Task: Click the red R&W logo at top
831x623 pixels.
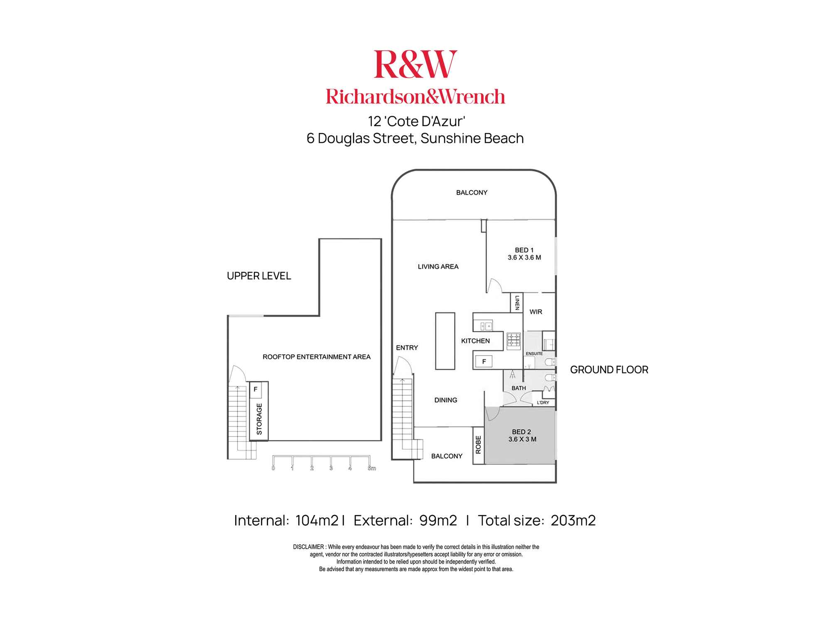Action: pos(415,64)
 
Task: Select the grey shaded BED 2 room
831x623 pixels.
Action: pos(521,436)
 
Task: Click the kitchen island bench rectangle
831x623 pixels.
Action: pos(445,341)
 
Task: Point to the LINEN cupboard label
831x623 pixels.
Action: pos(517,302)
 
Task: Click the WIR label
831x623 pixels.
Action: pos(536,312)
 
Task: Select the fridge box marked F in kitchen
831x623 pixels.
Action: pos(484,362)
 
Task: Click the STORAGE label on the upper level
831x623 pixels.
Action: pos(259,419)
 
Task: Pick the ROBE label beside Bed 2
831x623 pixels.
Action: pos(478,444)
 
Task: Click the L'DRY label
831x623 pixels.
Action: pos(543,402)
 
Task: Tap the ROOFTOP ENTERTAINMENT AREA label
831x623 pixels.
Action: pos(316,357)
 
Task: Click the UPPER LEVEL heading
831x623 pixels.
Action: pos(259,276)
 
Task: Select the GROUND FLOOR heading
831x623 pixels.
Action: pos(609,370)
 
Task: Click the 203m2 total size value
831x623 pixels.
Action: pos(573,520)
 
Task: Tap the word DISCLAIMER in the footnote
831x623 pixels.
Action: pos(308,547)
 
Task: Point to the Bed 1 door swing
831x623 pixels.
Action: pos(494,286)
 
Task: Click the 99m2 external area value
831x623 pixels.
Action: pos(438,520)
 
